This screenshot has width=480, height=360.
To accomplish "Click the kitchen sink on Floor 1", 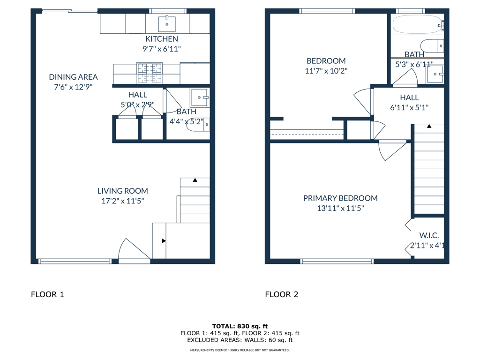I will pyautogui.click(x=167, y=22).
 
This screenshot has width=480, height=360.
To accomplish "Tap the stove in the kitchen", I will pyautogui.click(x=149, y=73).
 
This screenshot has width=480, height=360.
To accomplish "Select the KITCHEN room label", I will pyautogui.click(x=161, y=39).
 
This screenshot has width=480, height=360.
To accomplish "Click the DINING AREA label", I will pyautogui.click(x=73, y=77).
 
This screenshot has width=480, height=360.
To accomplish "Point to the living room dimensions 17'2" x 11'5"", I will pyautogui.click(x=122, y=201).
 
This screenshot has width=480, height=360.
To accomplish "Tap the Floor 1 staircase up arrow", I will pyautogui.click(x=195, y=180).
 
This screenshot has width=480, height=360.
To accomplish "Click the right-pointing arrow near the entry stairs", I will pyautogui.click(x=164, y=241).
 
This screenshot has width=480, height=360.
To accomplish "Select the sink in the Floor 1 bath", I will pyautogui.click(x=200, y=97).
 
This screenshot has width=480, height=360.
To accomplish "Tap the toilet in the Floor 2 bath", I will pyautogui.click(x=430, y=45).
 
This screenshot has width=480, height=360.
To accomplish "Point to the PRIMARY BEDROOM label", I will pyautogui.click(x=340, y=198).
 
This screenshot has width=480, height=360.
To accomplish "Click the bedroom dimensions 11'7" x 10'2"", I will pyautogui.click(x=326, y=71).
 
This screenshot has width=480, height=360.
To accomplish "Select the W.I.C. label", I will pyautogui.click(x=429, y=235).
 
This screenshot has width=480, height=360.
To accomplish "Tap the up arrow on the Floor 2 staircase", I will pyautogui.click(x=429, y=127).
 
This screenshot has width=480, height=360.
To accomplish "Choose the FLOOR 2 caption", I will pyautogui.click(x=281, y=294).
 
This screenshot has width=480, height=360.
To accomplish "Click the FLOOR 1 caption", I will pyautogui.click(x=47, y=294).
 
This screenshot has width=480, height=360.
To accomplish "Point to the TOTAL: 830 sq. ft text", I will pyautogui.click(x=240, y=326).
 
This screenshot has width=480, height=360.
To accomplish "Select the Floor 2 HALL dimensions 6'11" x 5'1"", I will pyautogui.click(x=409, y=107).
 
